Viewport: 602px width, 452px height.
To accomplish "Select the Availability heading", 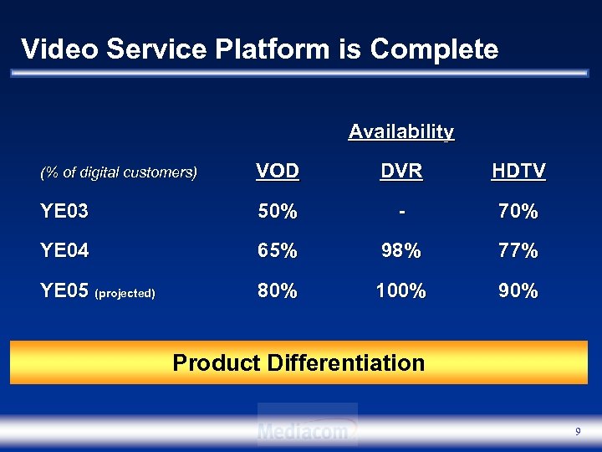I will click(401, 131).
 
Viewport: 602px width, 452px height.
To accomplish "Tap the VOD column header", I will click(278, 172).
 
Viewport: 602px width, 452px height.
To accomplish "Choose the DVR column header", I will click(401, 172).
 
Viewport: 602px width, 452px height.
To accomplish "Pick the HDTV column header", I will click(518, 172).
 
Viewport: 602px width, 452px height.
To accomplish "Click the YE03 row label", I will click(64, 212).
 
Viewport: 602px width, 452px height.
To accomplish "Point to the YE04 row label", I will click(64, 250).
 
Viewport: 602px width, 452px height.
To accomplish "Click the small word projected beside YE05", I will click(125, 294).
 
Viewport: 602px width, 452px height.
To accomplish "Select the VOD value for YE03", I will click(278, 212).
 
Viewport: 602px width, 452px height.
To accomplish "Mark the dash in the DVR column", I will click(402, 212).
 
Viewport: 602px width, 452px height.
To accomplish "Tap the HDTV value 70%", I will click(518, 212).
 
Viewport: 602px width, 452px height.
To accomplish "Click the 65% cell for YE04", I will click(278, 250).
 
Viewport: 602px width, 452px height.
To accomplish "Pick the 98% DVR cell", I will click(401, 250).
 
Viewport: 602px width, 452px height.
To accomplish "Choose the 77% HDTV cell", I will click(518, 250).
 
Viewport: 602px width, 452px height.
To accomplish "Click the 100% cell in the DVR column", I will click(401, 291).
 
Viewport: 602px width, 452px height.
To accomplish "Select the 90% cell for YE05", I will click(518, 291).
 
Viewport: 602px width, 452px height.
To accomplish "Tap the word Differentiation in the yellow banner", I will click(345, 362).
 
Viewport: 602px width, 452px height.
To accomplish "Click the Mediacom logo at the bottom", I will click(308, 429).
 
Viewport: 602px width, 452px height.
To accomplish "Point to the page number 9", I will click(578, 431).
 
